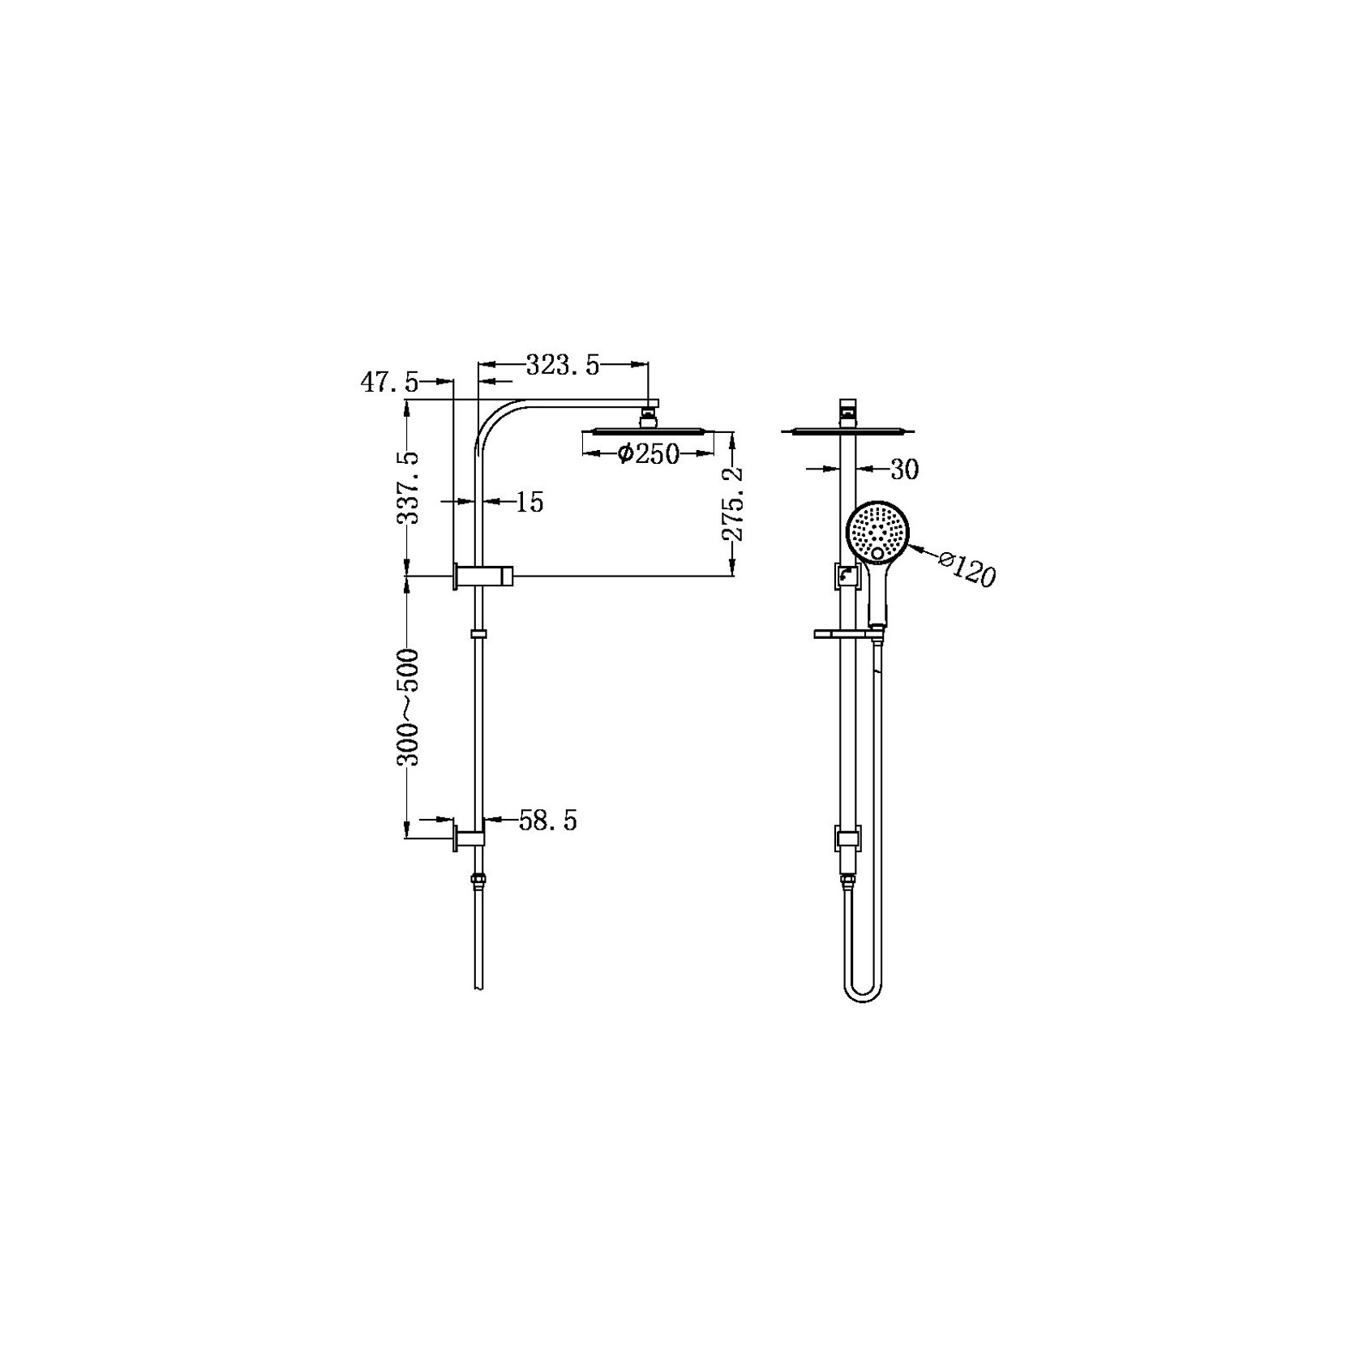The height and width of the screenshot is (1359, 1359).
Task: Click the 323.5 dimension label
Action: [563, 366]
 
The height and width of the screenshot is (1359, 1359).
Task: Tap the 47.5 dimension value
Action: [389, 382]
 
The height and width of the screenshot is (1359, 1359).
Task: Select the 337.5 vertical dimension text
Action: [408, 487]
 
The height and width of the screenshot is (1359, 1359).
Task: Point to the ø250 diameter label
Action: [648, 454]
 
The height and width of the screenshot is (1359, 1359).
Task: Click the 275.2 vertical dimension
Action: [733, 504]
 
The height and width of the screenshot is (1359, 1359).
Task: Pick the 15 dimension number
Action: [529, 503]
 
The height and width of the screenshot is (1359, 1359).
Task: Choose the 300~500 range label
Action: [408, 707]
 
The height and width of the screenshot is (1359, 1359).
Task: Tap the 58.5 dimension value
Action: [547, 821]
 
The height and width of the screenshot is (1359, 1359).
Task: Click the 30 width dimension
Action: [904, 469]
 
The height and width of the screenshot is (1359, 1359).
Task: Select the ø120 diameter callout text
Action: [966, 568]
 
